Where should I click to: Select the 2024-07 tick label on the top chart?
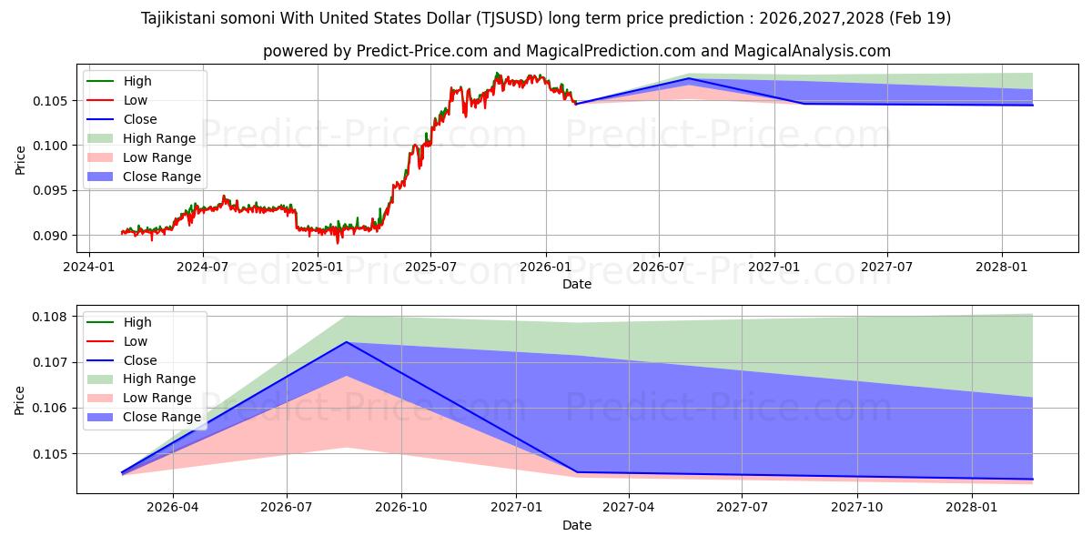pos(203,267)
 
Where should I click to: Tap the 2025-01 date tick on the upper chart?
pos(318,267)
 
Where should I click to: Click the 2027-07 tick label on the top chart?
pos(887,267)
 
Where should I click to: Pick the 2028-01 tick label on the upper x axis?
pos(1002,267)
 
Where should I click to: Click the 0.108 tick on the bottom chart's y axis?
pos(52,317)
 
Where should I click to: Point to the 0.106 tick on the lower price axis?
pos(52,408)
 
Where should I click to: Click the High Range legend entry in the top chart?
pos(159,138)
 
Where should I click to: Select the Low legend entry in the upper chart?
pos(135,100)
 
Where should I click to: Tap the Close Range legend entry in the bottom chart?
pos(162,417)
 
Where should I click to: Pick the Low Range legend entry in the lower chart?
pos(157,398)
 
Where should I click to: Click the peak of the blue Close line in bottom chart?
pos(347,342)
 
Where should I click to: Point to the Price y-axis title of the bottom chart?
pos(20,399)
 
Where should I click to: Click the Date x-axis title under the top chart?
pos(577,284)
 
